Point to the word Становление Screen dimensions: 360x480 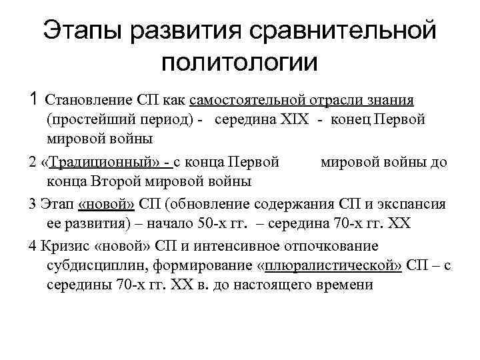pyautogui.click(x=83, y=101)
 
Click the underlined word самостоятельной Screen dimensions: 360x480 pyautogui.click(x=247, y=101)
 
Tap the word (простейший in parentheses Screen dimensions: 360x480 pyautogui.click(x=86, y=120)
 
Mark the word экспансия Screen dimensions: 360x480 pyautogui.click(x=419, y=204)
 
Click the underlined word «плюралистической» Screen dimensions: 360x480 pyautogui.click(x=333, y=265)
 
